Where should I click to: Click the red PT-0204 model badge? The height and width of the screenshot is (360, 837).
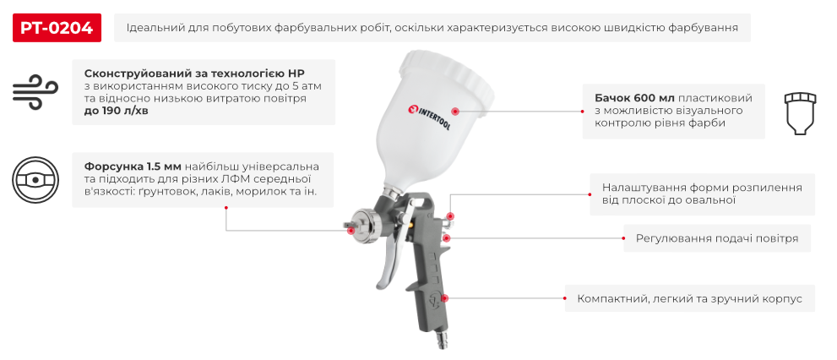click(57, 28)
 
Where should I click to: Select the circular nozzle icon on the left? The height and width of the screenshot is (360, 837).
click(34, 180)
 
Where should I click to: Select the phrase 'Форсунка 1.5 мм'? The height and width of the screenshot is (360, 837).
click(133, 166)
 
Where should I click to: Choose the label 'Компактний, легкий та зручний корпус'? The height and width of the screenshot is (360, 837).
click(689, 299)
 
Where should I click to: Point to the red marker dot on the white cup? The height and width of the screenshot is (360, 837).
click(454, 111)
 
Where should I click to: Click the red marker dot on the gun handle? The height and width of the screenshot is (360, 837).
click(445, 298)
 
